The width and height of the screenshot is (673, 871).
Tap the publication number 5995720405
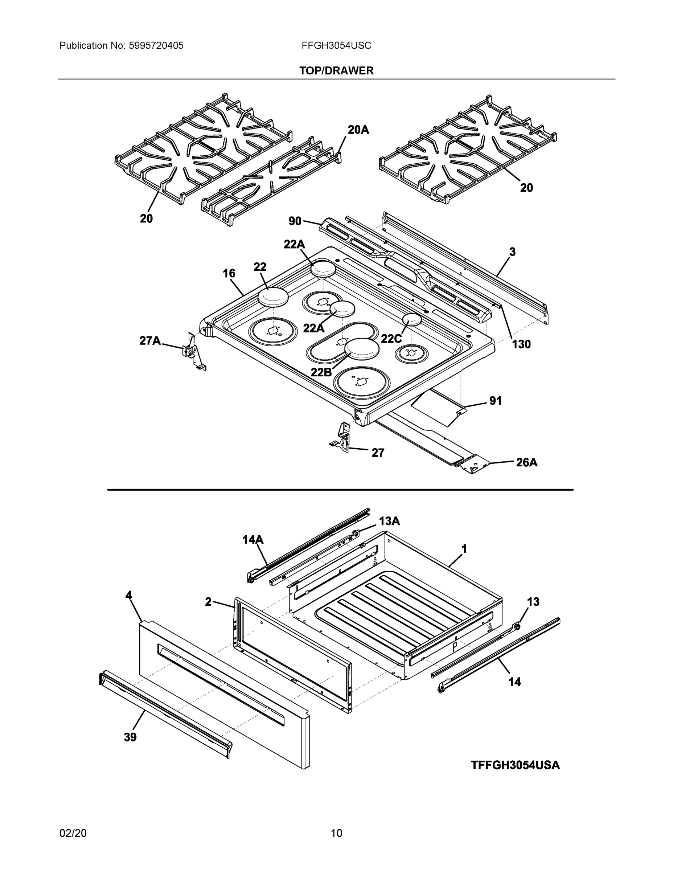[156, 45]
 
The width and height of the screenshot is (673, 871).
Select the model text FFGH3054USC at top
[336, 45]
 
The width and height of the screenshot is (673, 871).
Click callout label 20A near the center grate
[358, 130]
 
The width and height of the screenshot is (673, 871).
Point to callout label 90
[295, 221]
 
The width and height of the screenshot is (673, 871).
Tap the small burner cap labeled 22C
[412, 319]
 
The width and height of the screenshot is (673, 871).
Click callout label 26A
[526, 462]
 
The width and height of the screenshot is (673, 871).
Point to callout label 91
[495, 401]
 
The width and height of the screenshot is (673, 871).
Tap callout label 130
[521, 344]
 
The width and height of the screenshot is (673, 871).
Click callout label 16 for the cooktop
[229, 273]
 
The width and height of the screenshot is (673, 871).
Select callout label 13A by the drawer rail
[389, 521]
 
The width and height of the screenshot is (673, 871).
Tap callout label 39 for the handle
[130, 737]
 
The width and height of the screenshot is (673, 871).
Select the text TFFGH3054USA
[515, 765]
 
